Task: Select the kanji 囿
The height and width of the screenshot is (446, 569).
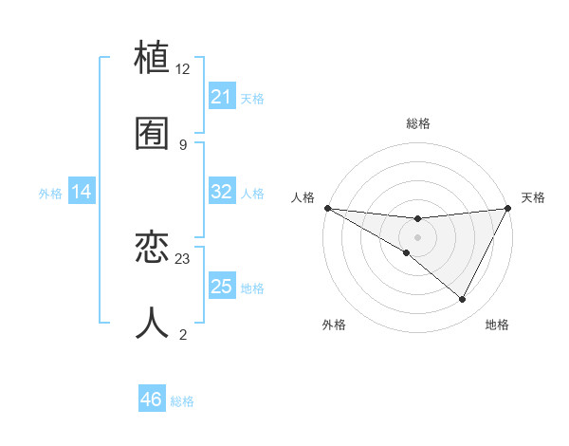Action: pyautogui.click(x=153, y=134)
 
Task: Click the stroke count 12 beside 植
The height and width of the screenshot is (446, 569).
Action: pyautogui.click(x=183, y=68)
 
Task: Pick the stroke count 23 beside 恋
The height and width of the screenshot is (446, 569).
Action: pyautogui.click(x=183, y=258)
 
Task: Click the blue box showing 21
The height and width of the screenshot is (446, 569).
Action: pyautogui.click(x=222, y=97)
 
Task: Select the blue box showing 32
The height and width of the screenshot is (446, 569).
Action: pyautogui.click(x=222, y=192)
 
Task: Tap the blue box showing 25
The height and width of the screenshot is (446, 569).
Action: pyautogui.click(x=222, y=287)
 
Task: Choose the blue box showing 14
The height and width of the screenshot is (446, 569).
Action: pyautogui.click(x=82, y=192)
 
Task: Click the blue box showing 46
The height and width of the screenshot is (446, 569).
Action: pyautogui.click(x=152, y=400)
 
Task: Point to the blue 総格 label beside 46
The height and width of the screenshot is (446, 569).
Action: pyautogui.click(x=182, y=401)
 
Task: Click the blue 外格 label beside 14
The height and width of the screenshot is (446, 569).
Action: pyautogui.click(x=50, y=193)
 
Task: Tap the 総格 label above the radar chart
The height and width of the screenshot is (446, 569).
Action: pyautogui.click(x=418, y=123)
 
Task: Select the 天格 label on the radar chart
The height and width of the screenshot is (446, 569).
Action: pyautogui.click(x=533, y=197)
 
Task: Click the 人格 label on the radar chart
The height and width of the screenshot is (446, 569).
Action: pyautogui.click(x=303, y=197)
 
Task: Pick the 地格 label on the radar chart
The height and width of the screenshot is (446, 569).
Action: pyautogui.click(x=497, y=325)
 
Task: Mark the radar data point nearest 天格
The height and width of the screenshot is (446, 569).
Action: pyautogui.click(x=508, y=208)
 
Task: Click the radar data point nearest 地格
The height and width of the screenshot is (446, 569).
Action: pyautogui.click(x=463, y=300)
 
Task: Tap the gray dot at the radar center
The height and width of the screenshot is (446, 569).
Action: pyautogui.click(x=417, y=237)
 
